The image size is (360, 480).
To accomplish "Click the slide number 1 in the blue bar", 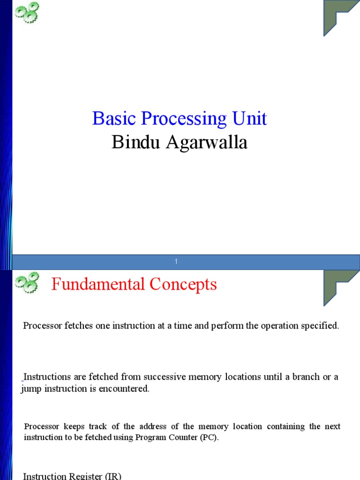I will tap(176, 262).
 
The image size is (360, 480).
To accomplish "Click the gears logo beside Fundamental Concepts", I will tap(27, 283).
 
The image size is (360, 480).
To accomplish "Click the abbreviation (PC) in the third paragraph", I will tap(209, 438).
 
